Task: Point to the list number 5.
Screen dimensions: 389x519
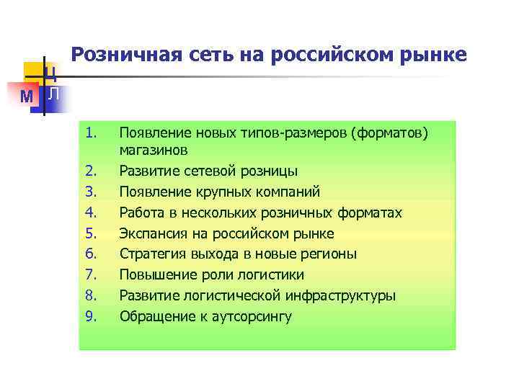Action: (90, 233)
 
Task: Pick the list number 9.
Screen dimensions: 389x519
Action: (90, 316)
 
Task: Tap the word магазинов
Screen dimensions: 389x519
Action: (154, 150)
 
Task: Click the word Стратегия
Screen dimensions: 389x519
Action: (151, 254)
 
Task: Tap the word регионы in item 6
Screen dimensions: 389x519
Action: (331, 254)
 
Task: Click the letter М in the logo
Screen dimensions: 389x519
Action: (26, 96)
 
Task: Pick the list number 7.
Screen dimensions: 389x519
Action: (90, 275)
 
